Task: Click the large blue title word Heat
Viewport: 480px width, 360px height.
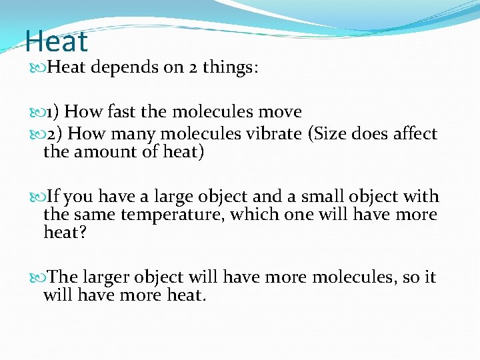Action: click(56, 41)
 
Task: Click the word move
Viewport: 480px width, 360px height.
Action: click(281, 111)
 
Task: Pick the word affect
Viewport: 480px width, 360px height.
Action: click(413, 133)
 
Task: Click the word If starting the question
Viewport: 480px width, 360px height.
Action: click(53, 197)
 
